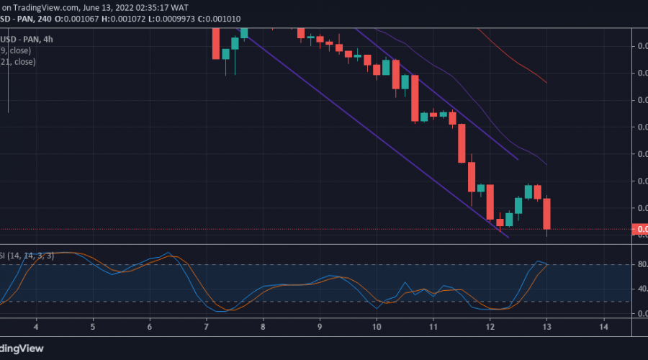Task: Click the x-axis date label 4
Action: (x=35, y=327)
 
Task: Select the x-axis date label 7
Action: (x=207, y=327)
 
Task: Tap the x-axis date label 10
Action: (x=377, y=327)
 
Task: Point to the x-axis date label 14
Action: (x=603, y=327)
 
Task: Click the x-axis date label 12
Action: (x=490, y=327)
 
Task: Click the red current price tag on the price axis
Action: (x=639, y=230)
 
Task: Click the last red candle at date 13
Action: (x=547, y=213)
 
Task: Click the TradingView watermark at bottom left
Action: (x=22, y=348)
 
